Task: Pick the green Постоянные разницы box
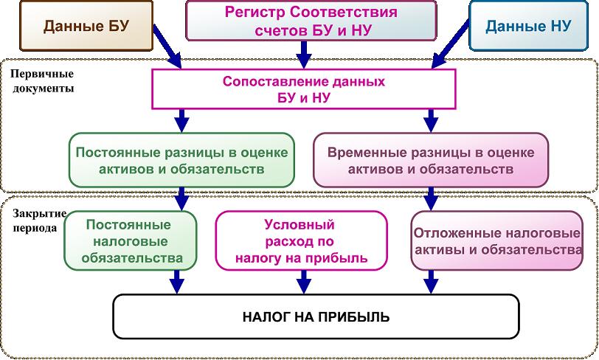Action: [x=180, y=160]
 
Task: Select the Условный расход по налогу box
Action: [x=300, y=241]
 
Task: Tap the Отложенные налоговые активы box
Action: [x=496, y=241]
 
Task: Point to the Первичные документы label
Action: [x=43, y=81]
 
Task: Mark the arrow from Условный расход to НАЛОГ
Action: [x=302, y=281]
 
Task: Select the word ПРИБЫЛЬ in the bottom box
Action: [x=359, y=317]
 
